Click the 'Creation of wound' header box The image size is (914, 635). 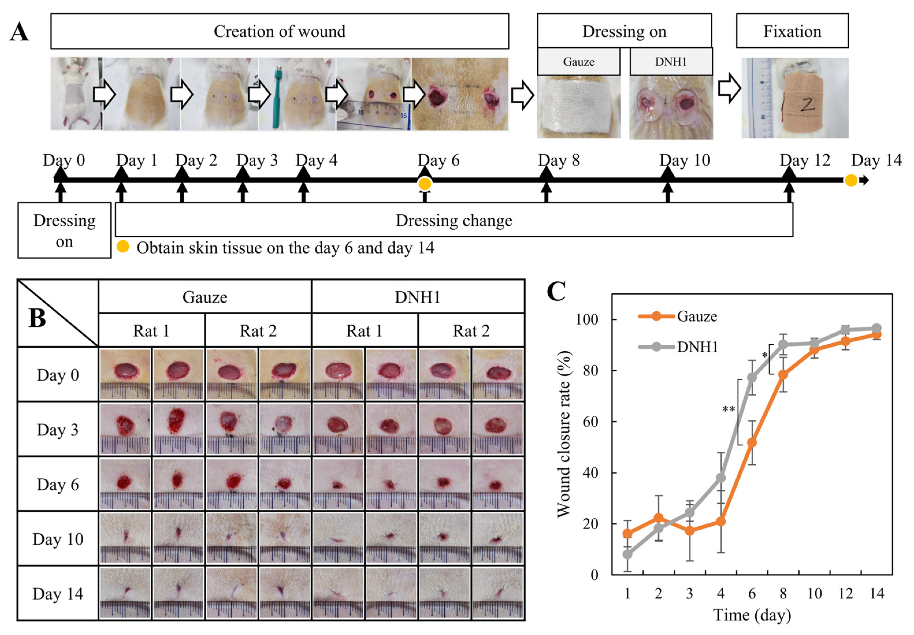[279, 31]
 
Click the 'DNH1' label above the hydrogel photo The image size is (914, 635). [670, 62]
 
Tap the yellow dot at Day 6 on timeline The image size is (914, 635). [425, 184]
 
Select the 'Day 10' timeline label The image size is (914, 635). [684, 160]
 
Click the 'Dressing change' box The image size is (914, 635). [454, 220]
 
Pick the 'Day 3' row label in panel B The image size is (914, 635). [58, 430]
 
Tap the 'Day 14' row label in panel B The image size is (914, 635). [58, 594]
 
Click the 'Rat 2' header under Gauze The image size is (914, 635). [258, 331]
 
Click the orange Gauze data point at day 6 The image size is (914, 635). [752, 442]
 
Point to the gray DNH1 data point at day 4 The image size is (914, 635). [721, 477]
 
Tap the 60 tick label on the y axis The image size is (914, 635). [590, 422]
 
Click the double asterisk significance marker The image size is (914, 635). [729, 409]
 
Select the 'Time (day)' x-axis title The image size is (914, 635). [752, 615]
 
